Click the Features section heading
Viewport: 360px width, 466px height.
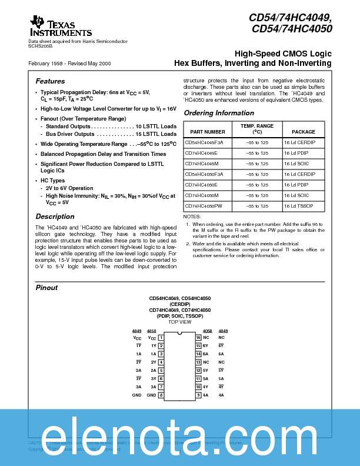[50, 81]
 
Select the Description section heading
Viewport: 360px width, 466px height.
[55, 217]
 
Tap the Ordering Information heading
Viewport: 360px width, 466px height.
[219, 113]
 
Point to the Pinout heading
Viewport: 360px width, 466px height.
[46, 288]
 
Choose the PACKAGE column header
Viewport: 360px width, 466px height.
[304, 132]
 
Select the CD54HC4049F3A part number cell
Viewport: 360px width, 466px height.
[205, 142]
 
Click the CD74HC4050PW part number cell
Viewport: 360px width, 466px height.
[204, 206]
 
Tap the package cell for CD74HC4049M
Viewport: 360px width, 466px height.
[297, 164]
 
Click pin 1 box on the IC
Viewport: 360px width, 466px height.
[161, 338]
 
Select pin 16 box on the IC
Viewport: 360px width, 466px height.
[198, 338]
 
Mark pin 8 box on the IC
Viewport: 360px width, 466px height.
[161, 395]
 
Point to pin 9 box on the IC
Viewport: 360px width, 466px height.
[198, 395]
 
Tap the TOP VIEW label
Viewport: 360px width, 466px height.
[179, 322]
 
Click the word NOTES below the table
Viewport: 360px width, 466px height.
[192, 217]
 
